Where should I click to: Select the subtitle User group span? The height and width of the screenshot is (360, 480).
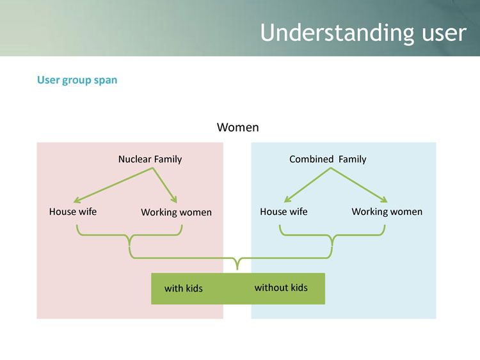[77, 81]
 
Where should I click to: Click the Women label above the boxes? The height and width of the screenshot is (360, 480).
[238, 127]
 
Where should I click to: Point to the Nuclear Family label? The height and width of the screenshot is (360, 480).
[150, 159]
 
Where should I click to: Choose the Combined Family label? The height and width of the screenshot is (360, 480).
[328, 159]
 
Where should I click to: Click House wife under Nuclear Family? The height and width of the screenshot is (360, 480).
[73, 211]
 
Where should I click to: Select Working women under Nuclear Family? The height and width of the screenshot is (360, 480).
[176, 212]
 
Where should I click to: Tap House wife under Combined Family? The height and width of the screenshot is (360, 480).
[284, 211]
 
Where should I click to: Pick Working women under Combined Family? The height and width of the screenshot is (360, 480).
[387, 212]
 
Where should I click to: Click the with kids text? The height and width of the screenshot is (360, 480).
[183, 288]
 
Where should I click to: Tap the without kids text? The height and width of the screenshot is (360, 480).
[281, 288]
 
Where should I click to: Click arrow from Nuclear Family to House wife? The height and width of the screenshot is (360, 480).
[113, 185]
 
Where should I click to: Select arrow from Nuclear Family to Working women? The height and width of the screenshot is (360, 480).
[166, 185]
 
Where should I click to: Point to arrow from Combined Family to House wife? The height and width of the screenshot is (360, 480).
[307, 185]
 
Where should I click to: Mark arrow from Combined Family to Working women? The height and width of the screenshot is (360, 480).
[359, 185]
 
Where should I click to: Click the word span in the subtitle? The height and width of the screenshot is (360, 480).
[106, 81]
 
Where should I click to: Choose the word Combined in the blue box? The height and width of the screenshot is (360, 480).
[312, 159]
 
